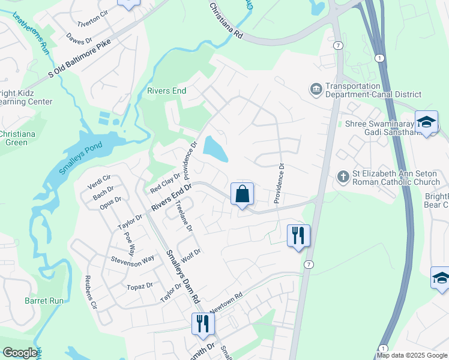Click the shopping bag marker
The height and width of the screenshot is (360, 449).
click(x=242, y=194)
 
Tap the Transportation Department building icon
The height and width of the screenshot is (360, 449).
click(x=316, y=89)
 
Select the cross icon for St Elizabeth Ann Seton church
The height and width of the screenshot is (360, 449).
click(x=343, y=176)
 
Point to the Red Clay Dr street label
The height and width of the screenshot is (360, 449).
click(x=166, y=182)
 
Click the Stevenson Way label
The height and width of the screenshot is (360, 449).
click(x=132, y=261)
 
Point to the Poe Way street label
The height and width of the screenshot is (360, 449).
click(x=130, y=226)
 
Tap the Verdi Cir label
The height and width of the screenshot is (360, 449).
click(x=100, y=181)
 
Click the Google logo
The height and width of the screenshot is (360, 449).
click(x=20, y=353)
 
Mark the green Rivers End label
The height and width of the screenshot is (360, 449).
click(x=167, y=91)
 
